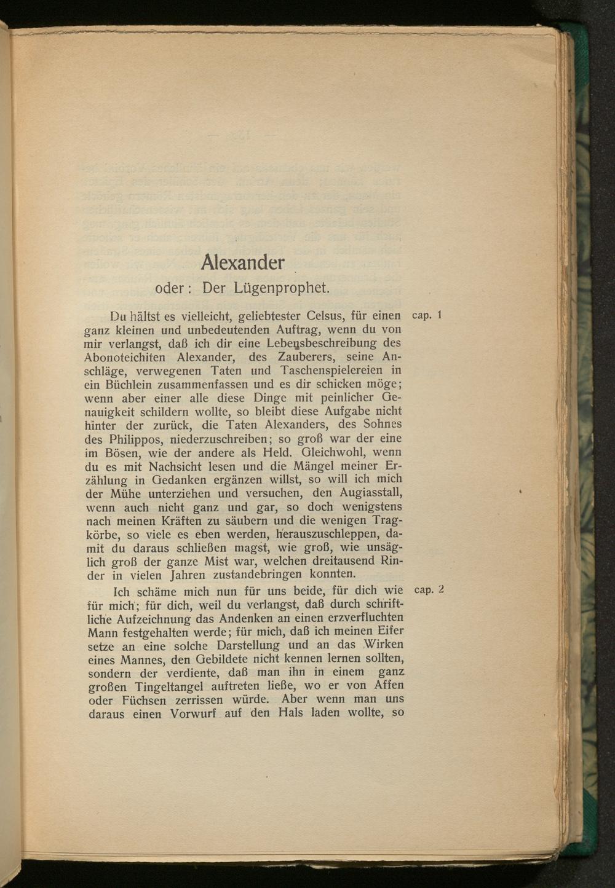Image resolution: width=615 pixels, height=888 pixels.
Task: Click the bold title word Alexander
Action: click(242, 262)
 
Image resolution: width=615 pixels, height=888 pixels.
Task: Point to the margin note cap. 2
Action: click(429, 590)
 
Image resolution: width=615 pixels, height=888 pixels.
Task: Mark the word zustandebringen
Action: click(258, 575)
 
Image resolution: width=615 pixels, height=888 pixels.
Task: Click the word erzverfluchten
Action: click(359, 618)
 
